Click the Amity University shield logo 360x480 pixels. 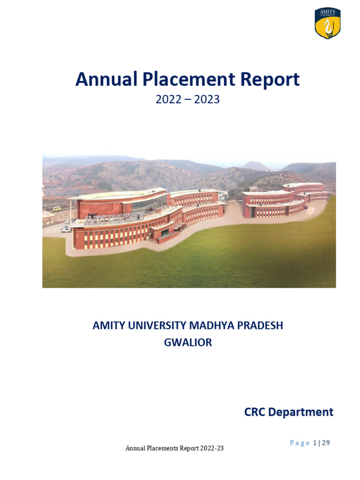click(x=327, y=23)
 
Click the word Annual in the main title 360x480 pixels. click(x=106, y=80)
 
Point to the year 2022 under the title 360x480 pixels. click(x=168, y=100)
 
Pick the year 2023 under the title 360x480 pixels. click(x=207, y=100)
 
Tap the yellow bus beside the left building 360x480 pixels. click(x=56, y=209)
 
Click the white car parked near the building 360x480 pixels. click(x=66, y=229)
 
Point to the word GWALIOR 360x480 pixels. click(x=187, y=343)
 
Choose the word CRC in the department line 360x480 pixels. click(x=255, y=412)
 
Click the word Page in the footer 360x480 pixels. click(x=300, y=443)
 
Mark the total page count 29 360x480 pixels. click(x=326, y=443)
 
